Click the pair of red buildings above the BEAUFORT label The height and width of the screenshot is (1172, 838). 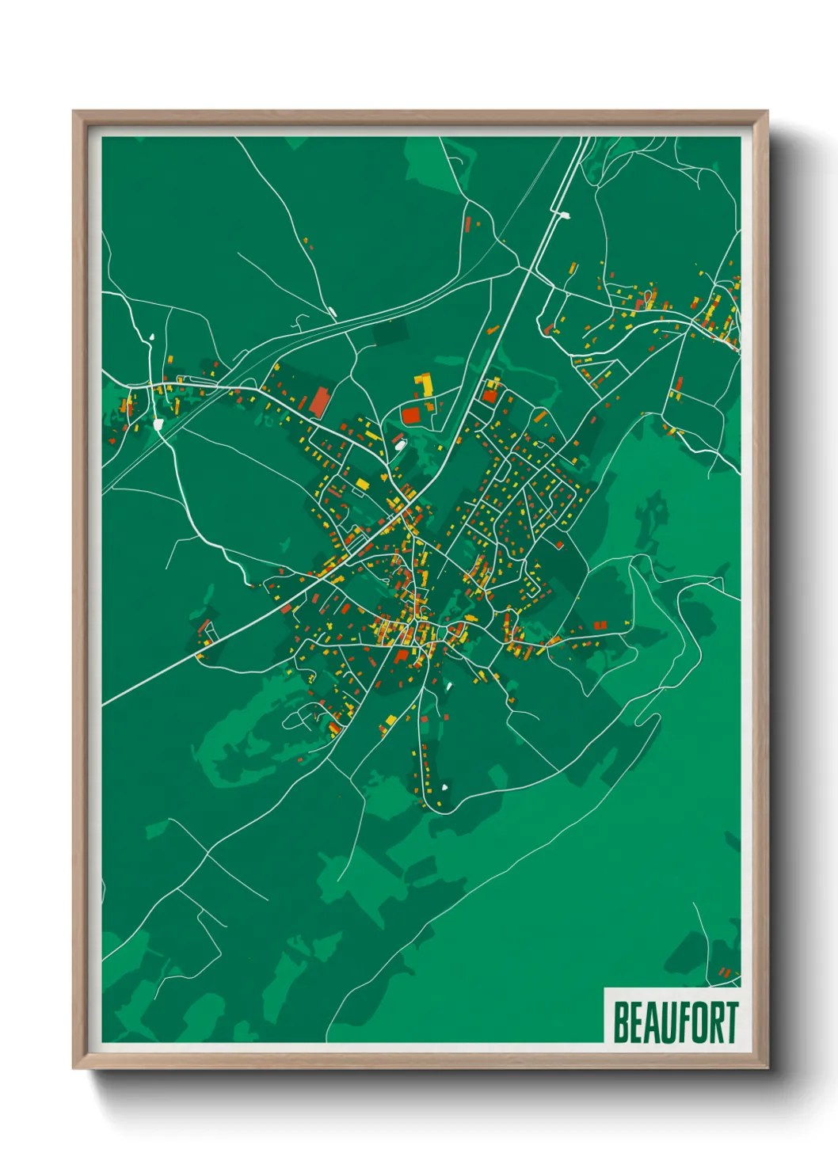click(x=724, y=971)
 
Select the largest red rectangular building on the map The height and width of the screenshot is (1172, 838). click(x=319, y=401)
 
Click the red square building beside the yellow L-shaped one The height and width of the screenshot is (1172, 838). click(x=411, y=414)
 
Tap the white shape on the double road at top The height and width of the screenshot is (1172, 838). click(x=564, y=213)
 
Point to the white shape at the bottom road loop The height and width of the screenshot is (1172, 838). click(x=444, y=787)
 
